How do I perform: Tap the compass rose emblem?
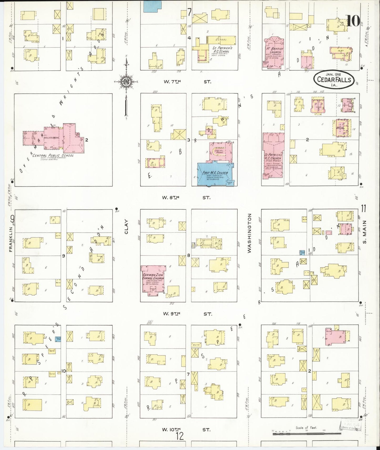pyautogui.click(x=126, y=81)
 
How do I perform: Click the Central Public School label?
pyautogui.click(x=53, y=156)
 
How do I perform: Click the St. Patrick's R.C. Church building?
pyautogui.click(x=273, y=156)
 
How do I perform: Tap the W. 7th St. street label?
pyautogui.click(x=187, y=82)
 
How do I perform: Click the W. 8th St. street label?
pyautogui.click(x=187, y=197)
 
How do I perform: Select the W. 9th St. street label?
pyautogui.click(x=187, y=313)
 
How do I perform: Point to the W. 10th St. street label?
pyautogui.click(x=187, y=430)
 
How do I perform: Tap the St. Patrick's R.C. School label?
pyautogui.click(x=221, y=50)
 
